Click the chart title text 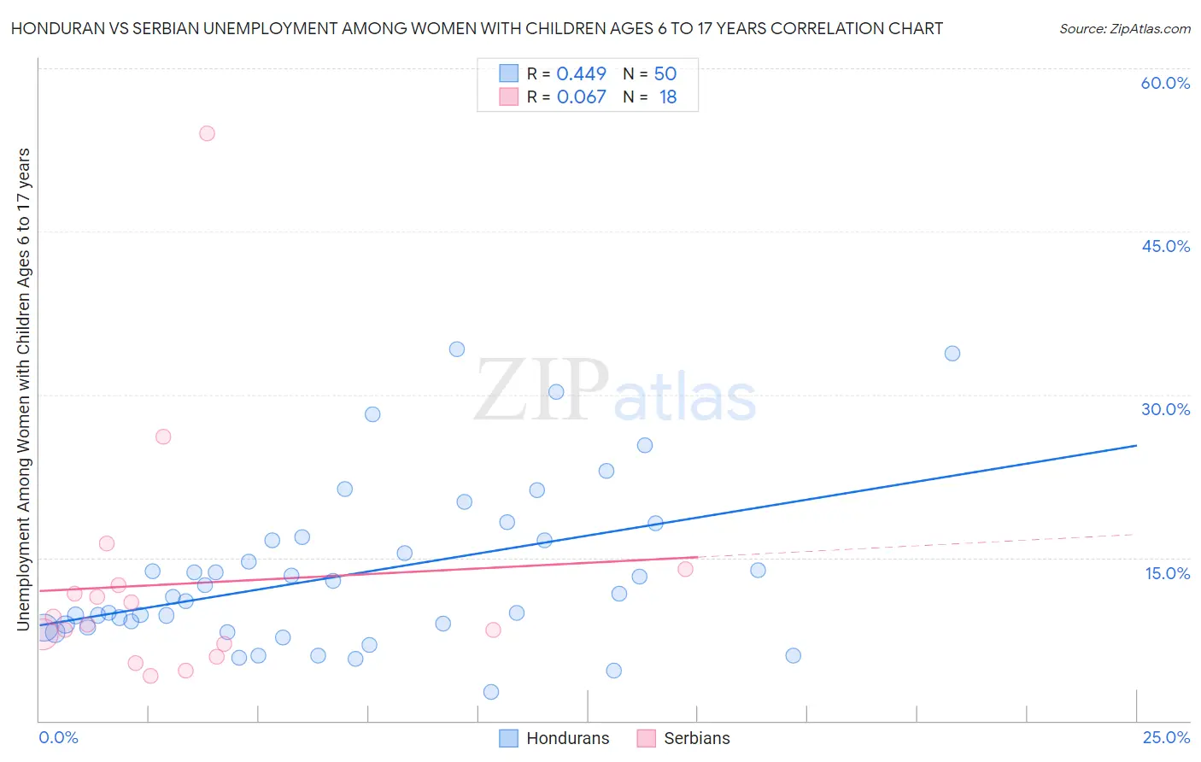click(477, 28)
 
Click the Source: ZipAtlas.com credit click(1124, 29)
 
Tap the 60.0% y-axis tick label click(1165, 83)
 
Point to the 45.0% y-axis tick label click(1165, 246)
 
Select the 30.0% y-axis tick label click(1165, 409)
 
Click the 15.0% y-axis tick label click(1167, 573)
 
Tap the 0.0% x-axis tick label click(58, 737)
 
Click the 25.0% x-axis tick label click(1166, 737)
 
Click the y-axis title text click(23, 390)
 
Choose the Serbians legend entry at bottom click(684, 738)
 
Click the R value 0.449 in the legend click(581, 74)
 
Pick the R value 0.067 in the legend click(581, 97)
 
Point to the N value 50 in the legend click(665, 74)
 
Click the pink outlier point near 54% click(207, 133)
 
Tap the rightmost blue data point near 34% click(952, 354)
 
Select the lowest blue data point click(491, 692)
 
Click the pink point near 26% click(163, 437)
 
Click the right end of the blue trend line click(1136, 445)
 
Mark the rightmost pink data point click(685, 569)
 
